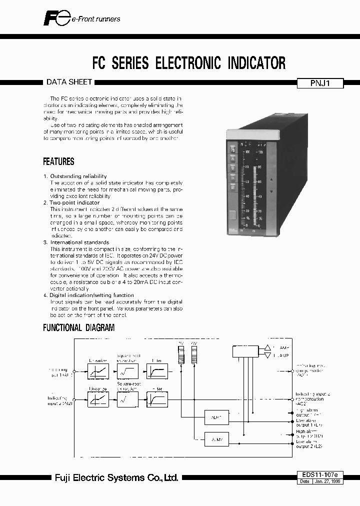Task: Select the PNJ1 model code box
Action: tap(320, 84)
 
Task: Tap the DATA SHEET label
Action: tap(61, 82)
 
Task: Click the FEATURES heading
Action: tap(58, 161)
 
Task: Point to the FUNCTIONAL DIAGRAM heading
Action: tap(78, 328)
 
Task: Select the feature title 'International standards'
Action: tap(79, 242)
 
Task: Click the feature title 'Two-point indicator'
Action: tap(74, 202)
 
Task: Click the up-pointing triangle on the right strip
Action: tap(271, 179)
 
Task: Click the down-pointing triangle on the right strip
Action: tap(271, 191)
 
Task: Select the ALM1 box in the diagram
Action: tap(216, 416)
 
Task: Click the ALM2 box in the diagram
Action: tap(216, 439)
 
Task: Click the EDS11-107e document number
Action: tap(320, 474)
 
